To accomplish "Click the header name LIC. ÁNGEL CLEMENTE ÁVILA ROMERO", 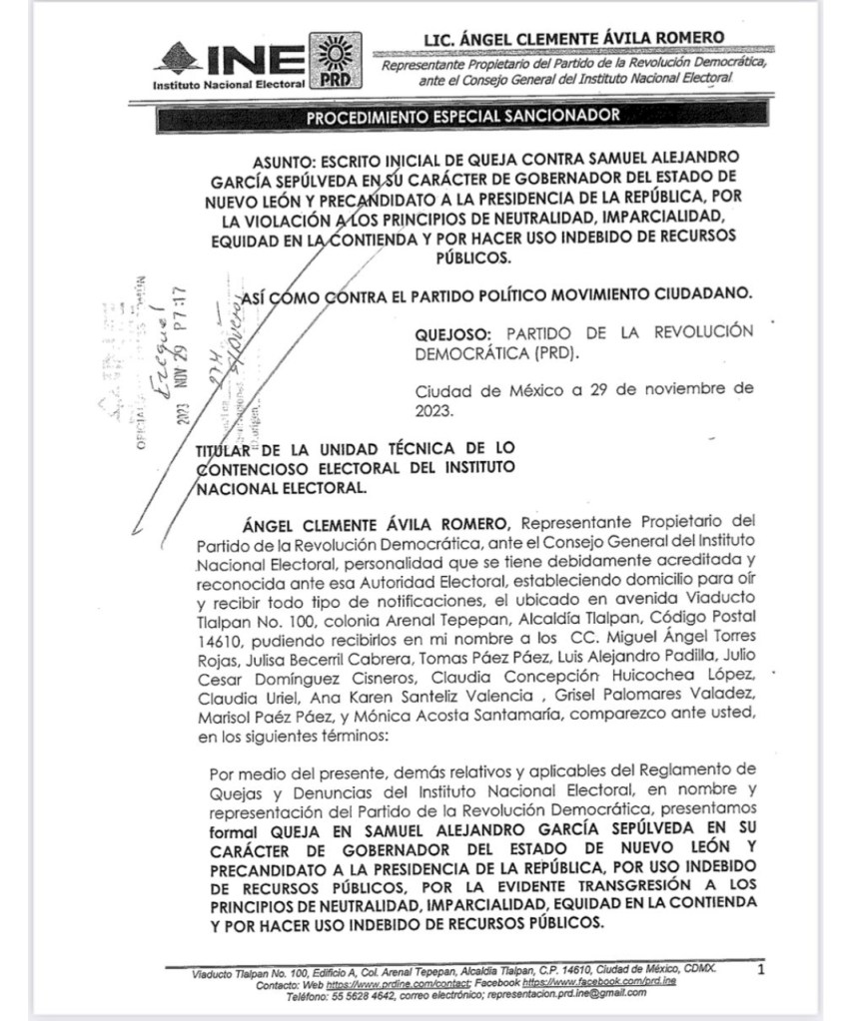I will coord(574,39).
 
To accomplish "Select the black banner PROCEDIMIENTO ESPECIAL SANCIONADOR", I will coord(462,116).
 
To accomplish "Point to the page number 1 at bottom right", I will coord(761,969).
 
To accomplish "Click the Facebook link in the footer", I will coord(611,982).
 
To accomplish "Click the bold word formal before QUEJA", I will coord(237,830).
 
